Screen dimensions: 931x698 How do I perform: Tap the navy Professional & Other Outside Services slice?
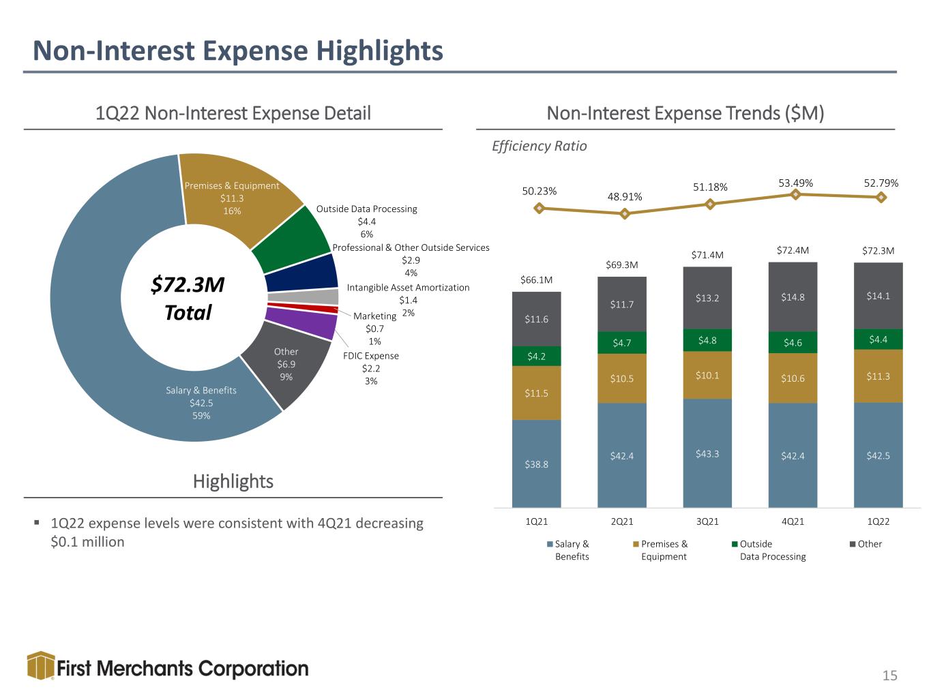[x=302, y=272]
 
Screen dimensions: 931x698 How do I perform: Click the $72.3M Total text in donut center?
[x=188, y=298]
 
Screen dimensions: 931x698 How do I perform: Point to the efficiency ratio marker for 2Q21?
[x=624, y=214]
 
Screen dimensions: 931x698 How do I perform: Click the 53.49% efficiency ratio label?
[x=795, y=183]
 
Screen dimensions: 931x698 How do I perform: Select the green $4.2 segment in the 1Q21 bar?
[x=537, y=356]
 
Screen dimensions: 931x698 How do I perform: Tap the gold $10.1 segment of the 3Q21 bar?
[x=707, y=375]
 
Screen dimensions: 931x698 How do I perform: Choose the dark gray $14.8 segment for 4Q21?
[x=793, y=297]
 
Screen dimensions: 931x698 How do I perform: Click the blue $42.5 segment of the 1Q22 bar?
[x=878, y=455]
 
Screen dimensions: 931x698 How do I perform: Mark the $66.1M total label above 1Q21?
[x=537, y=279]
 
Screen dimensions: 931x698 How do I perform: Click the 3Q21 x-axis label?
[x=707, y=521]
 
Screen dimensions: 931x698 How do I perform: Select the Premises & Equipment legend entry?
[x=660, y=550]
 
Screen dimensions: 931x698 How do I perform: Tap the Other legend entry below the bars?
[x=866, y=544]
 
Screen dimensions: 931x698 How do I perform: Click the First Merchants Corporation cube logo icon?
[x=41, y=666]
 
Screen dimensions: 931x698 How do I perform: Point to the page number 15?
[x=889, y=675]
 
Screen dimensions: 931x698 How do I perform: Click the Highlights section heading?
[x=233, y=481]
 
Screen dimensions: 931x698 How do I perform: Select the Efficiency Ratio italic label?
[x=539, y=146]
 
